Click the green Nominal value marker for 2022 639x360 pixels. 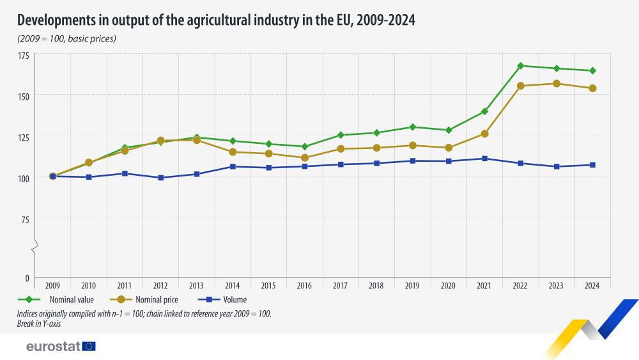point(521,66)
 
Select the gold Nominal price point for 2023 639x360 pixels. point(557,84)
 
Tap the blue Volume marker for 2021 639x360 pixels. point(485,159)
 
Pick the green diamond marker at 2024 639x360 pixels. point(592,71)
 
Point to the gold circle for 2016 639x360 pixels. point(305,158)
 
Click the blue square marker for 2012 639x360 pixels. point(161,178)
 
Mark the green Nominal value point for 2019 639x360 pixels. point(413,127)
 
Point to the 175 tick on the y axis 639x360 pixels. point(24,56)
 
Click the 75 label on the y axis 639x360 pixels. point(26,220)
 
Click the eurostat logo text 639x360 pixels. point(53,346)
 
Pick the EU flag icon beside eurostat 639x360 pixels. point(89,346)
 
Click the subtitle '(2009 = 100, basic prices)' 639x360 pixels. point(66,39)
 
